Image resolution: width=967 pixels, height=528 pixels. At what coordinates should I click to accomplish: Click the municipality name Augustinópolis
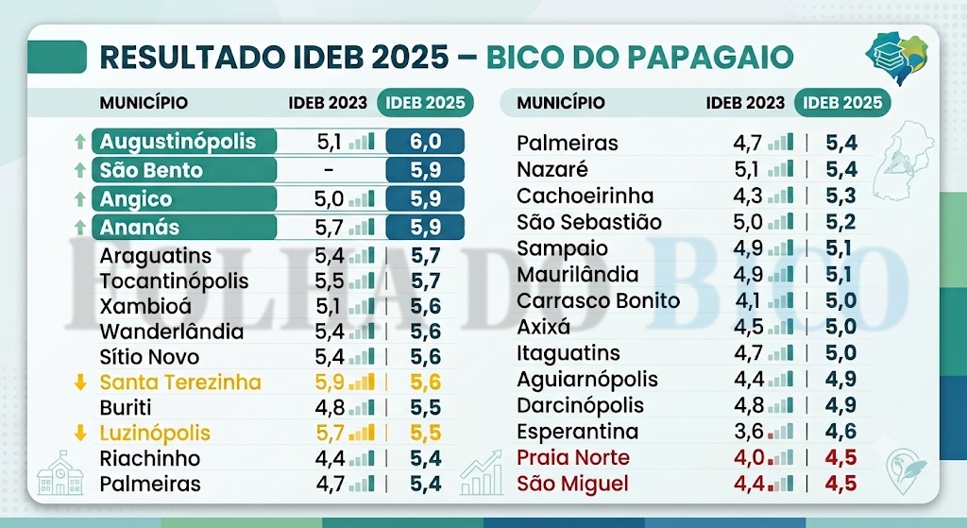[x=178, y=142]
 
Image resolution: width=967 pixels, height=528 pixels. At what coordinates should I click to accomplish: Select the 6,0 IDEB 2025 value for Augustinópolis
[x=426, y=142]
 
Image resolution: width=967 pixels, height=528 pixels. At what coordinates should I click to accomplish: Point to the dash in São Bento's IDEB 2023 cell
[x=329, y=170]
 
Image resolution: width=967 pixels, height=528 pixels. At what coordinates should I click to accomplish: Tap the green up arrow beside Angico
[x=79, y=198]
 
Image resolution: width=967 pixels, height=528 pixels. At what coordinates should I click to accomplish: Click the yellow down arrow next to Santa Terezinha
[x=79, y=383]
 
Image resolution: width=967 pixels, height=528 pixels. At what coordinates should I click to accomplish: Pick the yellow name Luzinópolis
[x=155, y=433]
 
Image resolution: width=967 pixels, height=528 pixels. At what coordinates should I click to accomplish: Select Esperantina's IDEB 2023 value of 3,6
[x=749, y=431]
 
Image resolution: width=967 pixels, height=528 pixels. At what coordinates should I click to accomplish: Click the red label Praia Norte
[x=573, y=458]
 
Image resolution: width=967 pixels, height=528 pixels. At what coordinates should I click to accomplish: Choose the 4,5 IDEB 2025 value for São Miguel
[x=840, y=484]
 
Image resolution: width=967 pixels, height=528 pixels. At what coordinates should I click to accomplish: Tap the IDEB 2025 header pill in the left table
[x=426, y=102]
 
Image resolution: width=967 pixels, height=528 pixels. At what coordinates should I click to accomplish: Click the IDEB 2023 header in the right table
[x=745, y=102]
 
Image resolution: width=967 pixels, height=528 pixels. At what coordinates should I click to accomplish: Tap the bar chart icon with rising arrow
[x=482, y=473]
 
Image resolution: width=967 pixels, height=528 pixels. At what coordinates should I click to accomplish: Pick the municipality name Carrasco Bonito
[x=598, y=300]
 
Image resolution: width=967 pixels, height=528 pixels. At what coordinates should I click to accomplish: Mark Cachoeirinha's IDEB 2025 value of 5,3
[x=841, y=196]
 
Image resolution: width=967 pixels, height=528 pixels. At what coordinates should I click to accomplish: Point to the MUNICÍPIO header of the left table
[x=144, y=102]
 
